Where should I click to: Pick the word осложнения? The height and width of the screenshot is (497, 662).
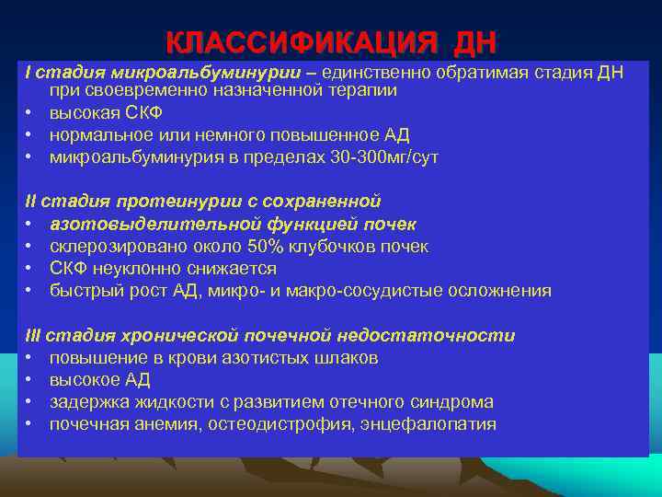(x=499, y=291)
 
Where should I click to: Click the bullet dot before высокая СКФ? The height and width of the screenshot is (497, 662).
(x=30, y=113)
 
